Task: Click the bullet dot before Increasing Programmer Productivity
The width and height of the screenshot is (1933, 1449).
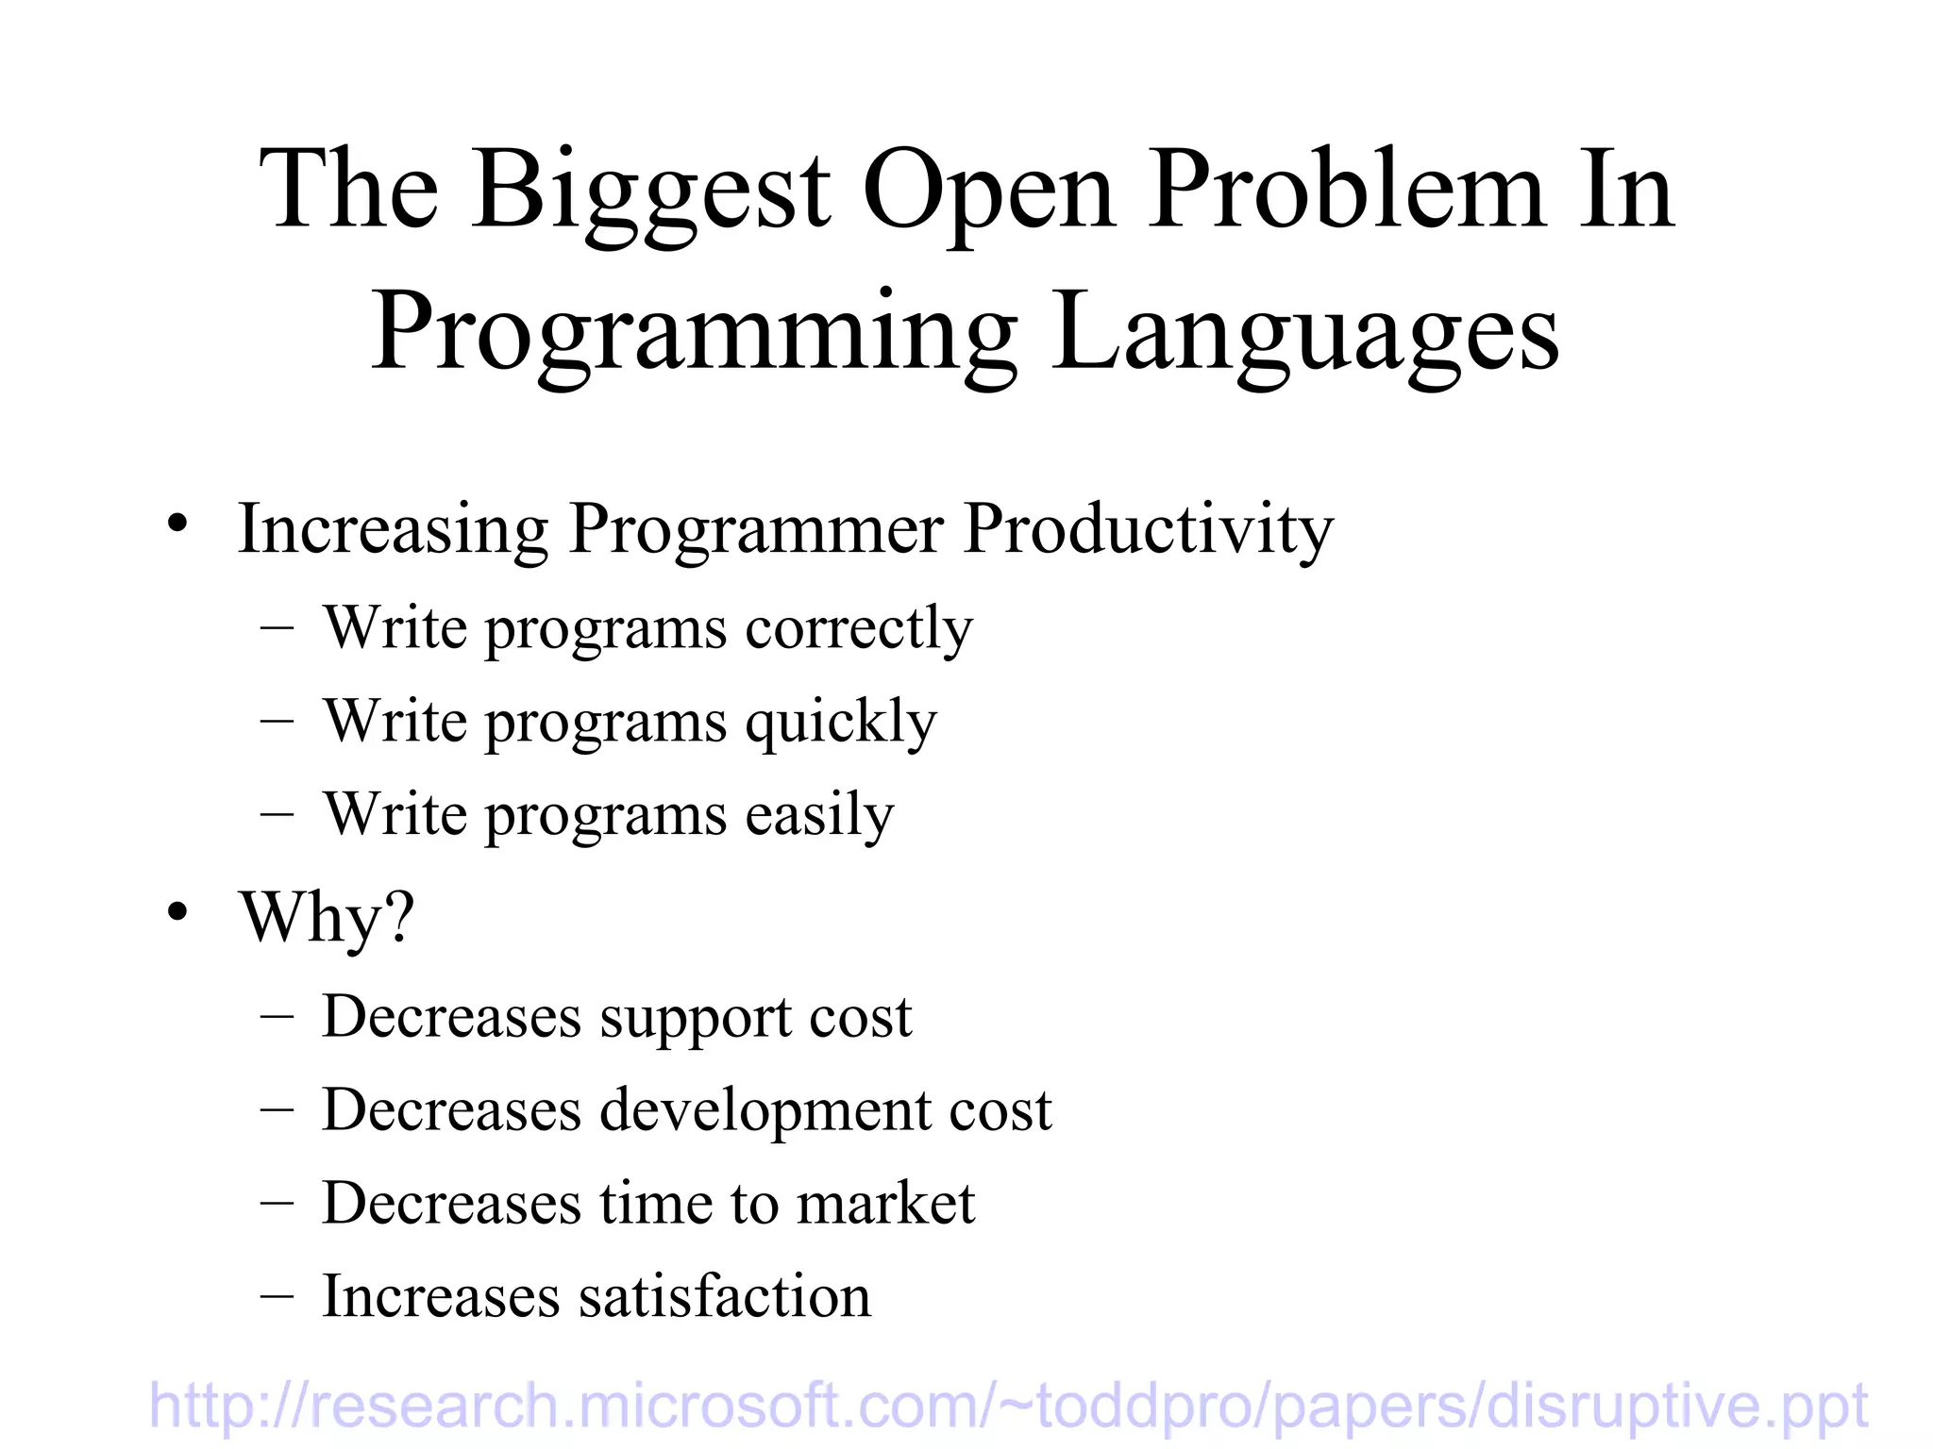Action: point(177,525)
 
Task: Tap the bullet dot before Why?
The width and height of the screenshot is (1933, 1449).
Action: point(177,913)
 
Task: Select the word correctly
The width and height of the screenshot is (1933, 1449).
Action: point(858,629)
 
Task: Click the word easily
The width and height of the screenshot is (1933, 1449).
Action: point(819,815)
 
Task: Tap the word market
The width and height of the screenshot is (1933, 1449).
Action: point(884,1204)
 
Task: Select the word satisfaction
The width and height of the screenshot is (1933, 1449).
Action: point(724,1297)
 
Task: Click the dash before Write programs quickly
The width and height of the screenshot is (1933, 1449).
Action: point(277,722)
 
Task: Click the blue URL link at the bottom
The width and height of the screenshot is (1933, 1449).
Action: point(1008,1406)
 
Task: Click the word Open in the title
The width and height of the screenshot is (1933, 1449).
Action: point(988,193)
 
